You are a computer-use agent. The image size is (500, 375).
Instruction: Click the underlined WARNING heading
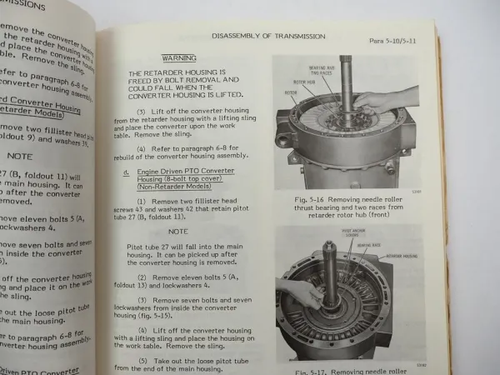pos(179,58)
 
